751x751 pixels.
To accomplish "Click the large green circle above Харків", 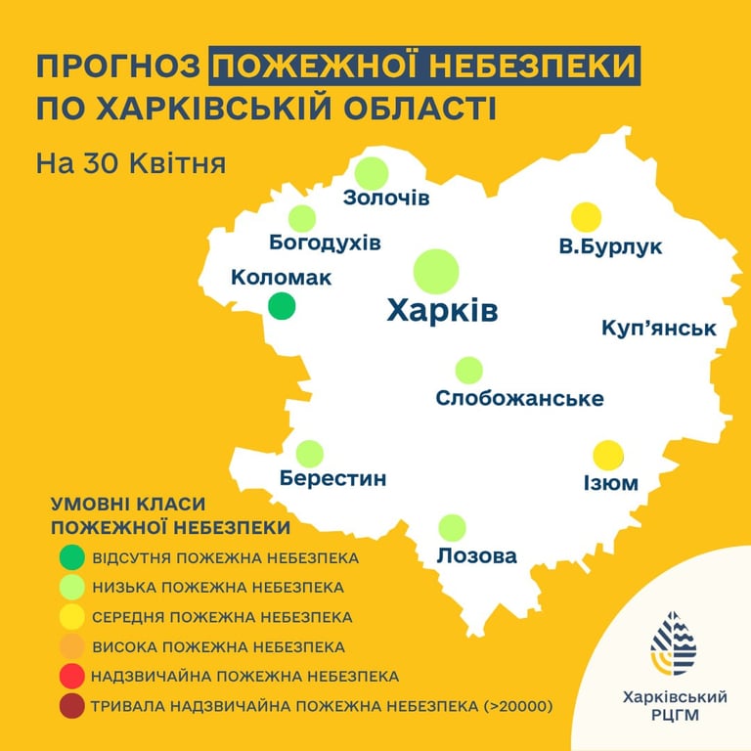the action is [x=436, y=272].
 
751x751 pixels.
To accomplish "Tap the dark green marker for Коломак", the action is [x=282, y=306].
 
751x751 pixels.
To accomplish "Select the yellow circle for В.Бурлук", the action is [x=586, y=216].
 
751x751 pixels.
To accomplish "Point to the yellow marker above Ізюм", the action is [x=608, y=455].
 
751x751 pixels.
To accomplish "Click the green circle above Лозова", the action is [x=452, y=528].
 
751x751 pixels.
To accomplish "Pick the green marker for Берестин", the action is [x=310, y=453].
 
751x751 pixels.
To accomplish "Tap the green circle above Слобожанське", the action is [x=469, y=371].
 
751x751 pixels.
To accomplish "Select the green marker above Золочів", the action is [x=372, y=173].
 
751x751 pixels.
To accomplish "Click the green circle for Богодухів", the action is [x=302, y=218].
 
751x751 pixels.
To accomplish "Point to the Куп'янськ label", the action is [x=658, y=329].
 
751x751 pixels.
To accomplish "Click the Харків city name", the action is [x=442, y=311].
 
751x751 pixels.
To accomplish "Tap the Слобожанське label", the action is [x=519, y=399].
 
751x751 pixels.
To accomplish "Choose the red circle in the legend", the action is [x=71, y=676].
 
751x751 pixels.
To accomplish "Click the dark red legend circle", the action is [x=71, y=705].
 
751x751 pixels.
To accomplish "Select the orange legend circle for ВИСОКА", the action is [x=71, y=646].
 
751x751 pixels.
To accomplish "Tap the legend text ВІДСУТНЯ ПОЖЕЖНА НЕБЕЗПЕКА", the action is [x=225, y=558].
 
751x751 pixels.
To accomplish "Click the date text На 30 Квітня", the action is [x=131, y=161].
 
